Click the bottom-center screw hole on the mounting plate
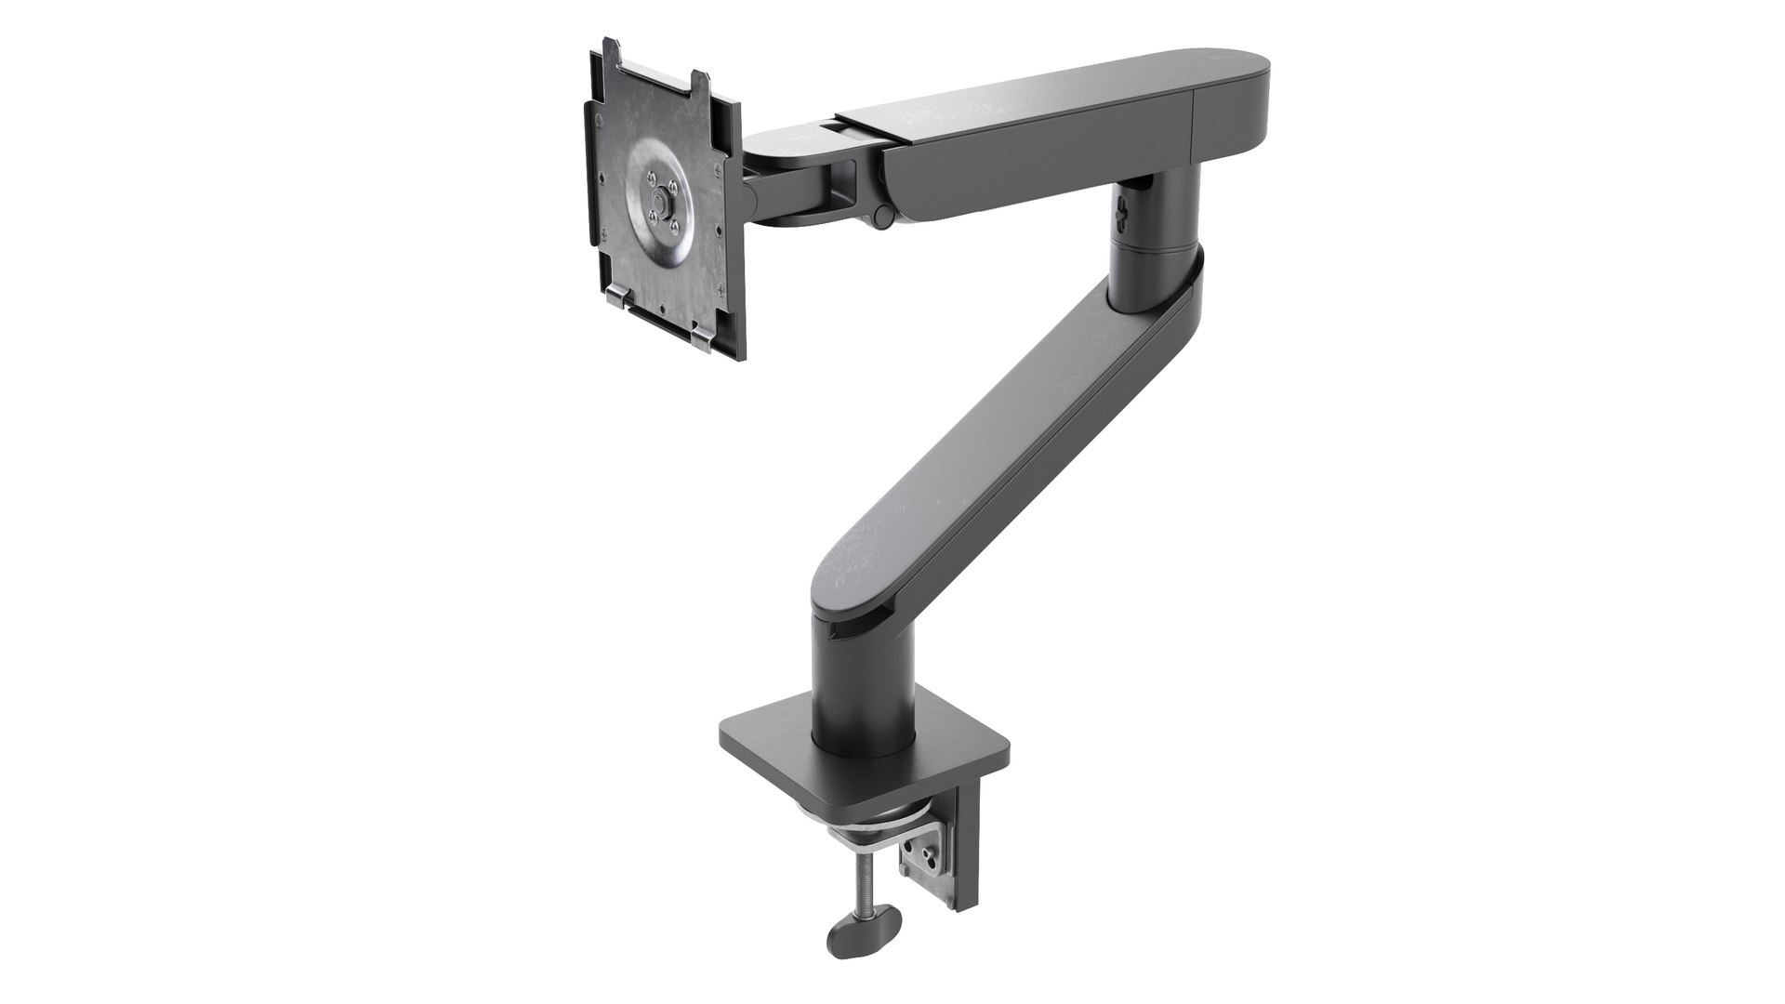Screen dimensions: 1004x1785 (x=660, y=311)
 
